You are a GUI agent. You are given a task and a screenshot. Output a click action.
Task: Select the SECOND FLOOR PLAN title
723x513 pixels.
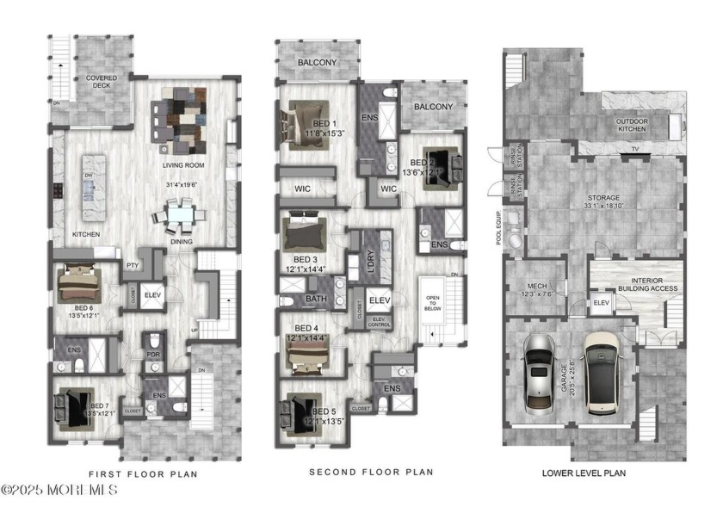point(371,473)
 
